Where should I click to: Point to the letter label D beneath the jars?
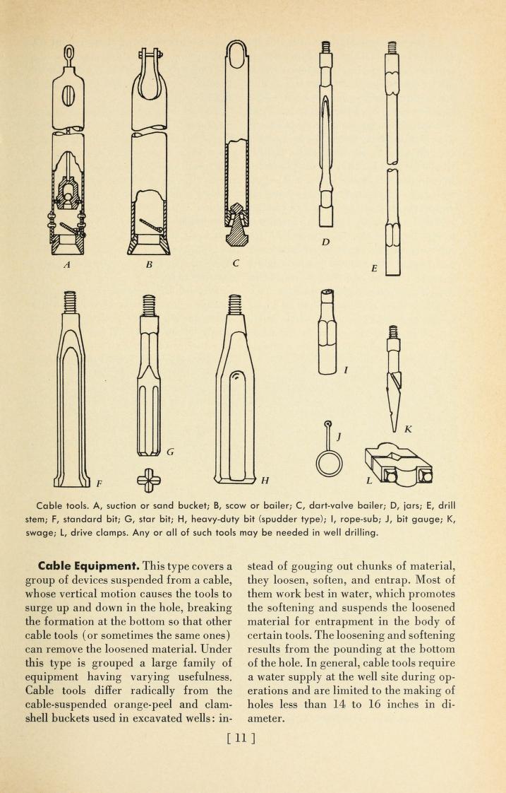point(325,242)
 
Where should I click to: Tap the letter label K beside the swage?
point(407,428)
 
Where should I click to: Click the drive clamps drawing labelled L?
point(399,466)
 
